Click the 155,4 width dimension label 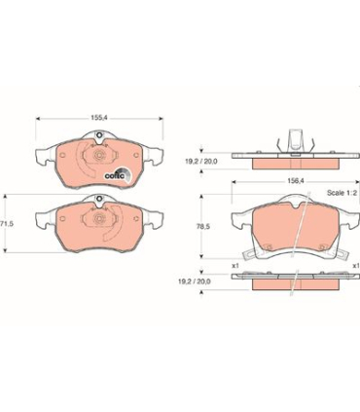(x=99, y=119)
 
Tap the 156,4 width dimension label (x=295, y=182)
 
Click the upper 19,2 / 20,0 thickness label (x=201, y=162)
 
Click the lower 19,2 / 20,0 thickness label (x=195, y=281)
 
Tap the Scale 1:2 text (x=342, y=193)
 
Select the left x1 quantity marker (x=235, y=266)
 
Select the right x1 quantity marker (x=356, y=266)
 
